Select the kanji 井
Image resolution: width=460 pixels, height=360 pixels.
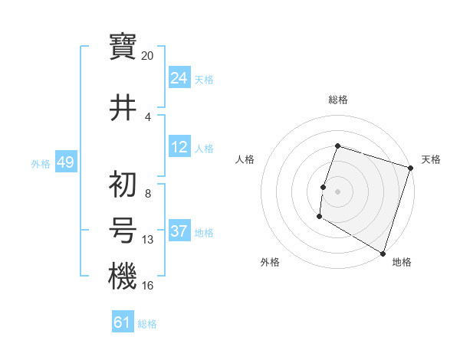(123, 106)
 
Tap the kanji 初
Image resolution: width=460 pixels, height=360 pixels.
(123, 184)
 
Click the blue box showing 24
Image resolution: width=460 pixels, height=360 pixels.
(179, 78)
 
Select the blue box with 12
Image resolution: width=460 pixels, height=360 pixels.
(179, 147)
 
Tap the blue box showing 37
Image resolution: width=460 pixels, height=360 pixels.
(179, 231)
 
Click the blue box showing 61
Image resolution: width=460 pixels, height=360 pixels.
(123, 322)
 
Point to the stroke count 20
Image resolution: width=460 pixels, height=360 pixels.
(148, 56)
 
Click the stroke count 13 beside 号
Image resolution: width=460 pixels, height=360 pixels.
(148, 240)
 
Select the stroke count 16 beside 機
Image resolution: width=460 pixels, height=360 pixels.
(148, 286)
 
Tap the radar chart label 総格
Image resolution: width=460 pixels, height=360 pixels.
(337, 100)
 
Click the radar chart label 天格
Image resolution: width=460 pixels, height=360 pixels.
(431, 159)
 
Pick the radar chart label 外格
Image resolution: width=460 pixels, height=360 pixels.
(270, 262)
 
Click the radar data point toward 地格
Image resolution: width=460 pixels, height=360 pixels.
(383, 253)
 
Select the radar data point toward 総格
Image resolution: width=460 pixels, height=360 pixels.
(337, 146)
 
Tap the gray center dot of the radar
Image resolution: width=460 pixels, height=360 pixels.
(337, 191)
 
